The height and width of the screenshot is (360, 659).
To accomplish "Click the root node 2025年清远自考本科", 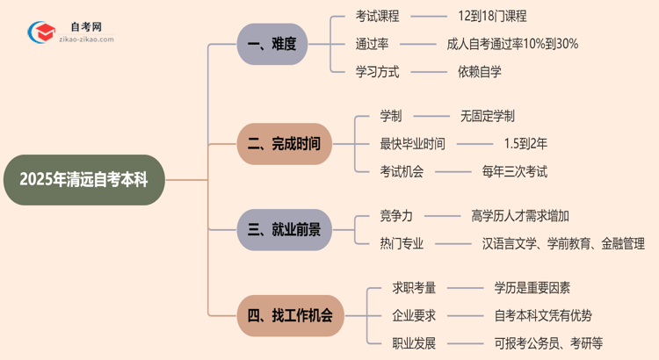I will coord(84,180).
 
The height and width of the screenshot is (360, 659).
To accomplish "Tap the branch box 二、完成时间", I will coord(285,143).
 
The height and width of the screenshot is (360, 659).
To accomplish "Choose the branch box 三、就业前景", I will coord(285,230).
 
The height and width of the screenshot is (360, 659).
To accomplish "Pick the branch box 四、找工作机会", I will coord(290,315).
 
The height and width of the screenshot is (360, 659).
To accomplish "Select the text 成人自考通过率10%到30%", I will coord(512,44).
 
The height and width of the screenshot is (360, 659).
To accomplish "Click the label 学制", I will coord(390,115).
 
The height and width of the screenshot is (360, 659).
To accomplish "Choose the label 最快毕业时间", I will coord(412,143).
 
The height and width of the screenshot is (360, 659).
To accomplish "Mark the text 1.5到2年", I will coord(525,143).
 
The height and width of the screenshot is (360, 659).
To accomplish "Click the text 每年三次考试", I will coord(515,171).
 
